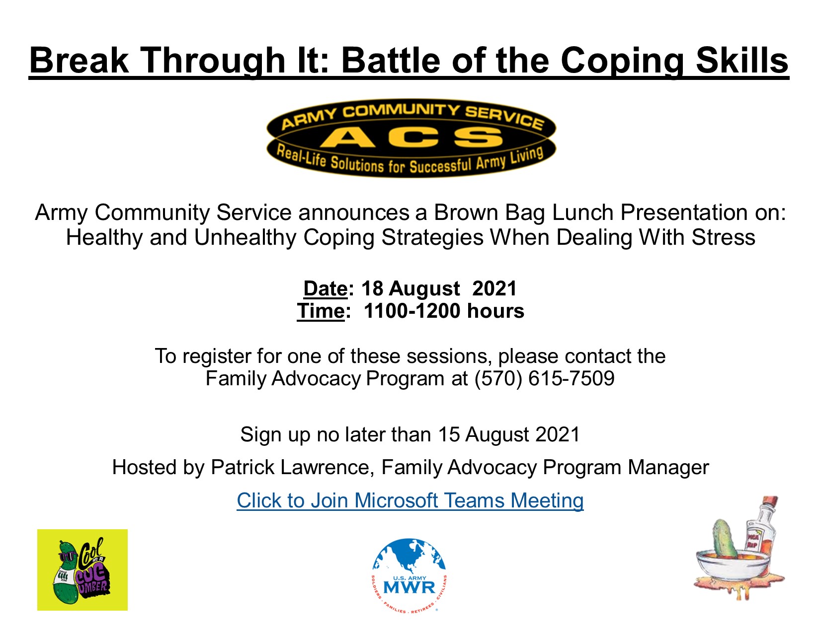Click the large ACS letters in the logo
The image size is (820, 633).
[410, 137]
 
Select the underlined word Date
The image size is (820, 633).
[325, 288]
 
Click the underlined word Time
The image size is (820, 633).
[321, 311]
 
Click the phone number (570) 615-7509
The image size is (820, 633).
[544, 379]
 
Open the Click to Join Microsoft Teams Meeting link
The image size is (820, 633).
[410, 500]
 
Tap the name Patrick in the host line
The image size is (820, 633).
[243, 468]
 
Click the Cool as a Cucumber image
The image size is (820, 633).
[82, 569]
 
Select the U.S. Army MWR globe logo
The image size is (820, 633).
[410, 576]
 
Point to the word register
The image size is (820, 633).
[214, 356]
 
